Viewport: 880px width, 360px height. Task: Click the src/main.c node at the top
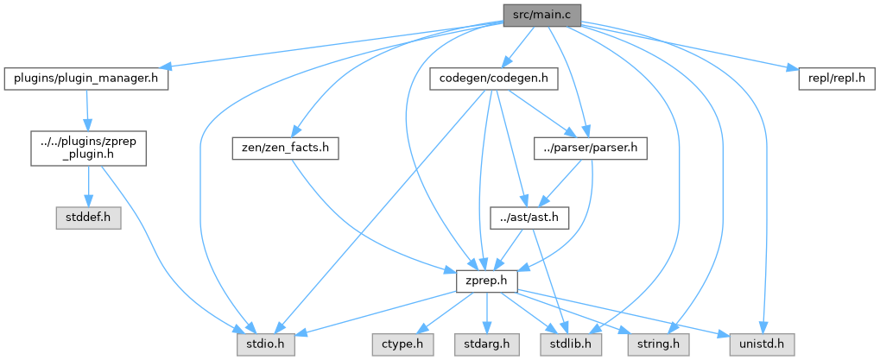coord(542,14)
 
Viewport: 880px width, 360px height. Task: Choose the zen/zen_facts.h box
coord(283,148)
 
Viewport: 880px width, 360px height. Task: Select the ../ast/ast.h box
coord(528,218)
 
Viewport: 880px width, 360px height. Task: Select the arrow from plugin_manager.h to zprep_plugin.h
coord(87,110)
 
